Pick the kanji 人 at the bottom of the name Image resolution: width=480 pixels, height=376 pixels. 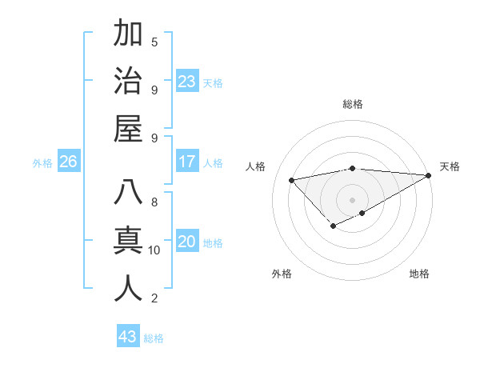[x=128, y=288]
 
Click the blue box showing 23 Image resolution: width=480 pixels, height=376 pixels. [x=187, y=82]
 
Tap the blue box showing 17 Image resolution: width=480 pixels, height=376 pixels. [x=187, y=162]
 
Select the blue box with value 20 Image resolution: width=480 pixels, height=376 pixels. [x=187, y=242]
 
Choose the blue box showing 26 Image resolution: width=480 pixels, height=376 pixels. [x=68, y=162]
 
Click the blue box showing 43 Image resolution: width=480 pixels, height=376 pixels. [x=127, y=337]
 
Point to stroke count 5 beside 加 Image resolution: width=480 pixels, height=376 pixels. [x=154, y=42]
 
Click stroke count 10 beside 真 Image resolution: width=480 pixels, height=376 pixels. [x=154, y=250]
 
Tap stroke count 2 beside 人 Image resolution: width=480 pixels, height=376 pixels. [x=154, y=298]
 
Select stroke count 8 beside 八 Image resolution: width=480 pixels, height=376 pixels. [x=154, y=202]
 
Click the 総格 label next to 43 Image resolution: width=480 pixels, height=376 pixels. [x=154, y=338]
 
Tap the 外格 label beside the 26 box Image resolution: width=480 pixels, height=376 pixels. [x=42, y=163]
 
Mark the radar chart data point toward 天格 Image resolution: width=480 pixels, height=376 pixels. [x=429, y=176]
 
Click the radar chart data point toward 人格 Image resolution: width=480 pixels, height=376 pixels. [x=291, y=179]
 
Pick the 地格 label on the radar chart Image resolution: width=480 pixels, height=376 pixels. [x=419, y=274]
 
